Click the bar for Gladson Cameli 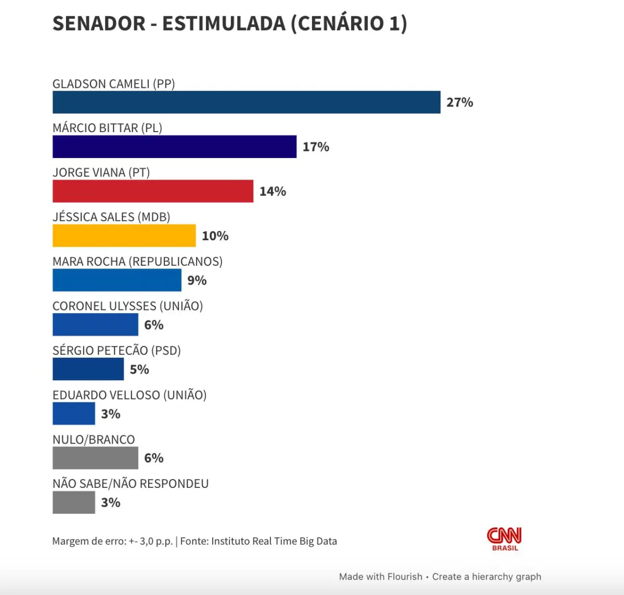tap(246, 102)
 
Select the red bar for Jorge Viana tap(153, 191)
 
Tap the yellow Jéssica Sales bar tap(124, 236)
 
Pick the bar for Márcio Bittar tap(174, 147)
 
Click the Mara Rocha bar tap(117, 280)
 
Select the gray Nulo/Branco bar tap(95, 458)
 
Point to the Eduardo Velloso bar tap(74, 414)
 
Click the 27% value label tap(460, 102)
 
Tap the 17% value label tap(316, 147)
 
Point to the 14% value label tap(272, 191)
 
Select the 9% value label tap(197, 281)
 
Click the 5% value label tap(139, 370)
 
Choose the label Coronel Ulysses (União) tap(128, 306)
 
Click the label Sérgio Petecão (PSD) tap(116, 351)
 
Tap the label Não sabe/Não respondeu tap(131, 484)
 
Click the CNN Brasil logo tap(504, 539)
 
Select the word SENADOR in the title tap(99, 24)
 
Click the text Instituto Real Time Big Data tap(274, 541)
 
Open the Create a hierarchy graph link tap(487, 577)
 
